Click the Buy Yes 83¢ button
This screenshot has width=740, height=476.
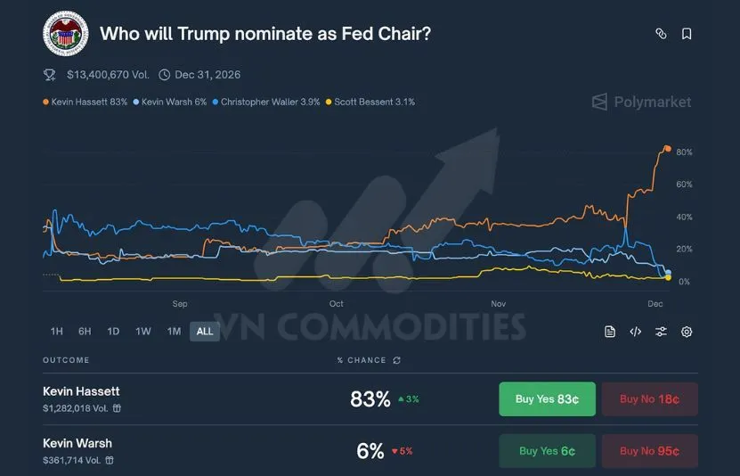click(547, 399)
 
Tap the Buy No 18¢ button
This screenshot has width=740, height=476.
click(649, 399)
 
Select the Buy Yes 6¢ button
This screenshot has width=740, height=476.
click(547, 451)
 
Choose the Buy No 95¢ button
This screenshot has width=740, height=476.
click(649, 451)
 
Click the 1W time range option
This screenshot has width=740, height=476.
click(142, 332)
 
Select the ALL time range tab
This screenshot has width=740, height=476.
click(205, 332)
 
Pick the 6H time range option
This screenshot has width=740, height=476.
click(85, 332)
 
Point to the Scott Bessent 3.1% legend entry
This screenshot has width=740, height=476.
click(372, 103)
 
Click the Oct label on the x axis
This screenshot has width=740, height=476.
click(336, 304)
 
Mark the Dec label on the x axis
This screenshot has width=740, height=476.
click(655, 304)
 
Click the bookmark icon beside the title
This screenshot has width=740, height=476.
click(687, 34)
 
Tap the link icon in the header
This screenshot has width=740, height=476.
click(661, 34)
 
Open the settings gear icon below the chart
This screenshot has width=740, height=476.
click(687, 332)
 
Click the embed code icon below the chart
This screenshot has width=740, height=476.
click(636, 332)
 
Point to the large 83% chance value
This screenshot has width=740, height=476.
click(370, 399)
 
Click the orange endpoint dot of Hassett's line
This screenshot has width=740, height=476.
click(667, 149)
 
